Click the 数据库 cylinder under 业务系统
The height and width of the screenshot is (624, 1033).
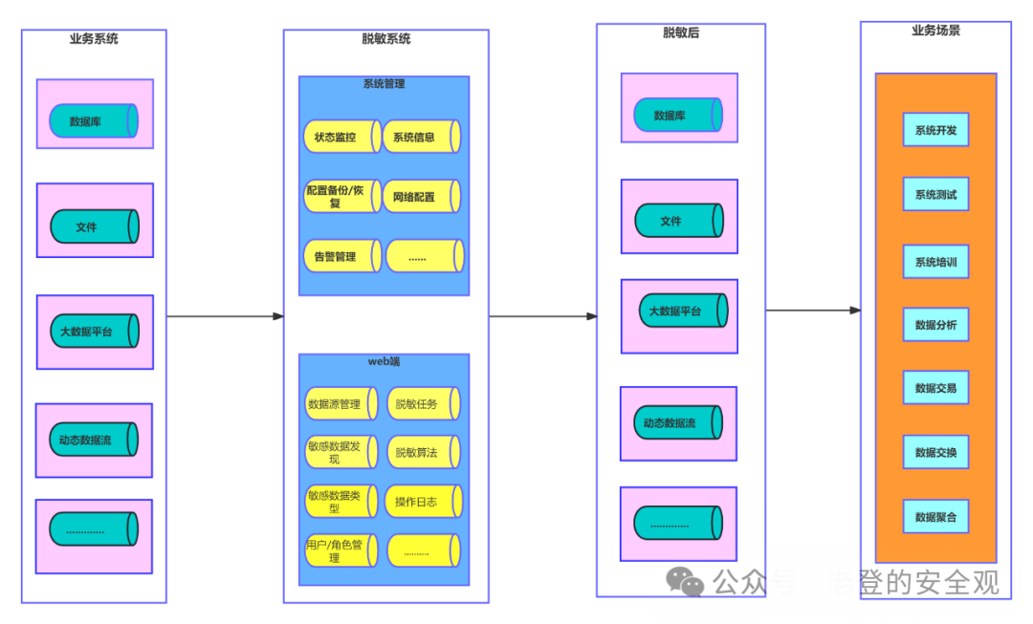click(94, 121)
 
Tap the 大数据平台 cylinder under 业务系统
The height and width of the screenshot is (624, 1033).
click(94, 332)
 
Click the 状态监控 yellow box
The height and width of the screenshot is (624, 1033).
click(341, 137)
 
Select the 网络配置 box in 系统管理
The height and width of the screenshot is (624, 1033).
click(421, 197)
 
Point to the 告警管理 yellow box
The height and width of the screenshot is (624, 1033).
click(341, 256)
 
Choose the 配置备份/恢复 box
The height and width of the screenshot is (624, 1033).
click(341, 197)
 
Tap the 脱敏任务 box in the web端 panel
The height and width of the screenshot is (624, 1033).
click(423, 404)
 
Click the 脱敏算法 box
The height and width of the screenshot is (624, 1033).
click(423, 452)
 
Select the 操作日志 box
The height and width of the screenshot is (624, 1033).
click(423, 502)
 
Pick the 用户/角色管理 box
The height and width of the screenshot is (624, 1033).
click(341, 550)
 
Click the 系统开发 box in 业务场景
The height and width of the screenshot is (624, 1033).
click(935, 130)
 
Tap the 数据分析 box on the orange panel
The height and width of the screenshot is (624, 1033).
click(935, 325)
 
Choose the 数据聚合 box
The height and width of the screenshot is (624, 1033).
click(935, 517)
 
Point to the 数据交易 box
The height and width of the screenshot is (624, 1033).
click(935, 388)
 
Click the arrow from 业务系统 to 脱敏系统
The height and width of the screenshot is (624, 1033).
click(225, 316)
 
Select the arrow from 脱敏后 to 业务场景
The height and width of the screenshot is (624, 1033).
click(813, 310)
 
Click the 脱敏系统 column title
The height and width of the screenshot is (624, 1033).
click(386, 39)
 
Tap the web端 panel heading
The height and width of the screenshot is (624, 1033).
click(385, 361)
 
